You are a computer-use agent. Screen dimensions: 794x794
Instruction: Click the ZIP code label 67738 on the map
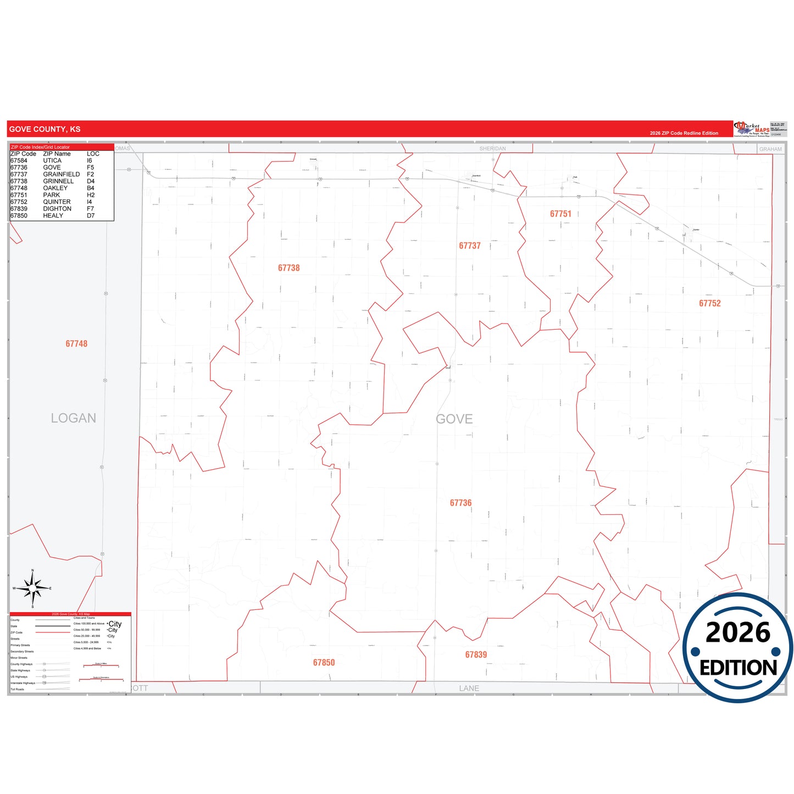[288, 268]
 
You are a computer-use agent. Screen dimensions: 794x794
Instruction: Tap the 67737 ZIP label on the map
[470, 246]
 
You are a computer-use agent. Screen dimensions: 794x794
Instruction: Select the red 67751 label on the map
[560, 214]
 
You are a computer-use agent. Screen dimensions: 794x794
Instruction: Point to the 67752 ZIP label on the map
[709, 303]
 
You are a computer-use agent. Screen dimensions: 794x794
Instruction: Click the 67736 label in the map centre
[460, 503]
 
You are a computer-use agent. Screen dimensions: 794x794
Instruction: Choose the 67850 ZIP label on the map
[324, 663]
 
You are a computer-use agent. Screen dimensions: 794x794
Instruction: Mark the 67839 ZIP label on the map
[476, 654]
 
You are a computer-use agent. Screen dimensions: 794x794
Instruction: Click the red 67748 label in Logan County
[76, 344]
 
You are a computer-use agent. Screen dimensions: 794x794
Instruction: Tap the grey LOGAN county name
[73, 418]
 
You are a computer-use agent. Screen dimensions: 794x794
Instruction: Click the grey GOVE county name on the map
[454, 419]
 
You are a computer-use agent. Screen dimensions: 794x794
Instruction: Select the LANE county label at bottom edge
[469, 688]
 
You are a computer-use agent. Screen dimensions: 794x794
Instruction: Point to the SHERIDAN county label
[492, 149]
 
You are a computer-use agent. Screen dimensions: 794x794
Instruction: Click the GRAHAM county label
[770, 149]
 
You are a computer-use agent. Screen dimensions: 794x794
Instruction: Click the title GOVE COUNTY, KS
[45, 129]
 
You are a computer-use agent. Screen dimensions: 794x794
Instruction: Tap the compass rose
[32, 588]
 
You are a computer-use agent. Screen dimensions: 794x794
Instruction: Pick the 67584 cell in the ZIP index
[19, 160]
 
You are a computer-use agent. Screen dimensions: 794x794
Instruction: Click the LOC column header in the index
[93, 154]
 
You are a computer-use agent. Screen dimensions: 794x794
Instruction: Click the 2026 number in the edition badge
[738, 632]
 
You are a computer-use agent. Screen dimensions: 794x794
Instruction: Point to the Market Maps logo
[752, 129]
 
